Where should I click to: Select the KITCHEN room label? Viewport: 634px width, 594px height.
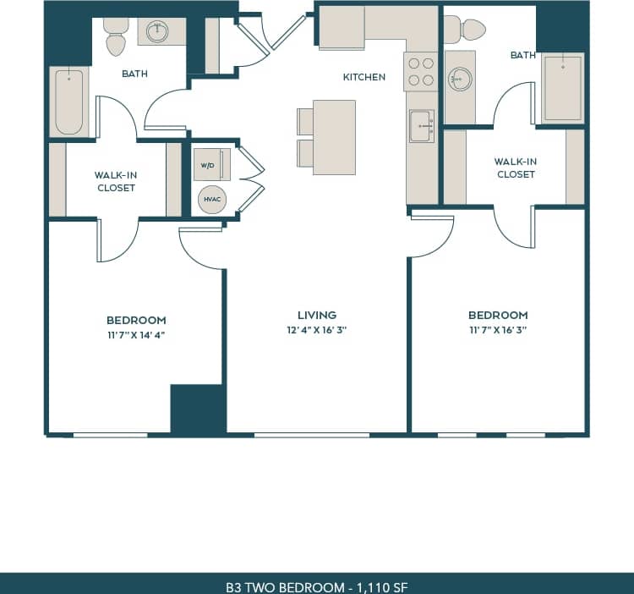(363, 77)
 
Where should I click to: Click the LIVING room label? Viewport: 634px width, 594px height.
(317, 315)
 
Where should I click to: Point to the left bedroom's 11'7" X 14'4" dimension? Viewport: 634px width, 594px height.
(136, 335)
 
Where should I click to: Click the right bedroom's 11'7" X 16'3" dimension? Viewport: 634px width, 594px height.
(498, 330)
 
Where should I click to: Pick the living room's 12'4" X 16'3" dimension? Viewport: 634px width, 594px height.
(317, 330)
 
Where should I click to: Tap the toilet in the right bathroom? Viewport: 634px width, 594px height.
(465, 30)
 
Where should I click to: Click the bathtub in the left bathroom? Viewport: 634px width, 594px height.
(69, 102)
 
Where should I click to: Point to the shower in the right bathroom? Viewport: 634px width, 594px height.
(562, 88)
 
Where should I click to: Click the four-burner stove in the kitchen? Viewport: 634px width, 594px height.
(421, 72)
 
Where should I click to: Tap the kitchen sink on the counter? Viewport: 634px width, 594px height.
(421, 127)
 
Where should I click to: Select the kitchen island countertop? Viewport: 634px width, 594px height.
(334, 137)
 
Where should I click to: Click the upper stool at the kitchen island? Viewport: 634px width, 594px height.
(305, 121)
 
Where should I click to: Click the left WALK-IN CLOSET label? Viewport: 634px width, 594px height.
(116, 181)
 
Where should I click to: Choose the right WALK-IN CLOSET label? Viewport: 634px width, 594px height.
(516, 168)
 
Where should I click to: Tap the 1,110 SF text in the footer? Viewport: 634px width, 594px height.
(380, 586)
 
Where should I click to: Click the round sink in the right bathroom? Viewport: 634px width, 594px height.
(459, 80)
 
